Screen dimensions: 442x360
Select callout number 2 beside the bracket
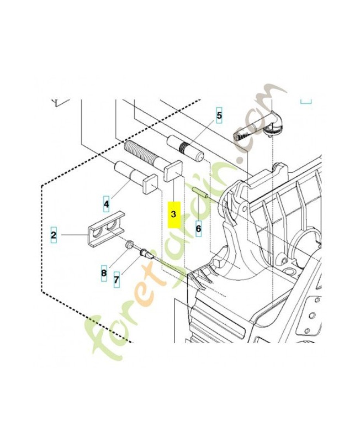[x=54, y=235]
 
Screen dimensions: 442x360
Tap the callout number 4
[x=106, y=204]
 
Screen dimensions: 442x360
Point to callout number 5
[x=219, y=115]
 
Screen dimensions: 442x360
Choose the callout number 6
[x=198, y=227]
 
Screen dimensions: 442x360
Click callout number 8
[x=103, y=272]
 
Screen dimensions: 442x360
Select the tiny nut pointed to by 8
[x=129, y=244]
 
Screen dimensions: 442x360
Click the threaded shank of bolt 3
[x=144, y=153]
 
